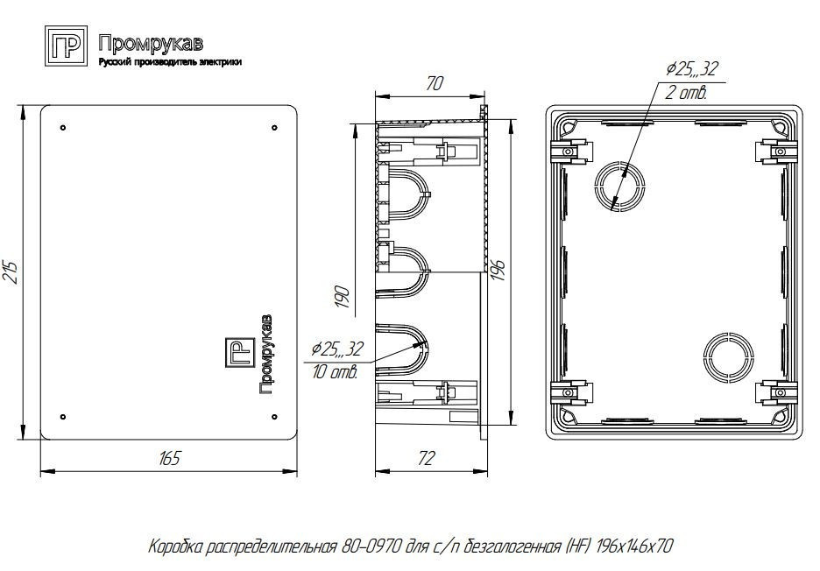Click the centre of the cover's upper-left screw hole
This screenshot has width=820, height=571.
point(63,128)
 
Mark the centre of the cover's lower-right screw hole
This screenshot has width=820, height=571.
point(274,417)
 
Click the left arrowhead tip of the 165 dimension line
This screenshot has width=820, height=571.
point(41,472)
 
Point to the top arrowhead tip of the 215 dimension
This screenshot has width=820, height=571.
point(22,106)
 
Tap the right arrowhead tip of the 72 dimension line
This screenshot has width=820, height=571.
point(487,472)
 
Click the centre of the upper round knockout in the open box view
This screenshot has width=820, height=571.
point(619,187)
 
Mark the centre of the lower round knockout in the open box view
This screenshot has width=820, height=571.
point(729,356)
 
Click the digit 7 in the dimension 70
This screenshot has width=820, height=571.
point(431,84)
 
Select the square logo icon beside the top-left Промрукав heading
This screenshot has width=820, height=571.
point(66,46)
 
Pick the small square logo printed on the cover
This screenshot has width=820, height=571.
point(240,352)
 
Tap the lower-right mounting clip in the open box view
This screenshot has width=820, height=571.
point(776,392)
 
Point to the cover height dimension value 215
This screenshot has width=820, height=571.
point(12,271)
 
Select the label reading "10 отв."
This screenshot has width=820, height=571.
point(336,372)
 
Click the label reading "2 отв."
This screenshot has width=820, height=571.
point(686,93)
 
